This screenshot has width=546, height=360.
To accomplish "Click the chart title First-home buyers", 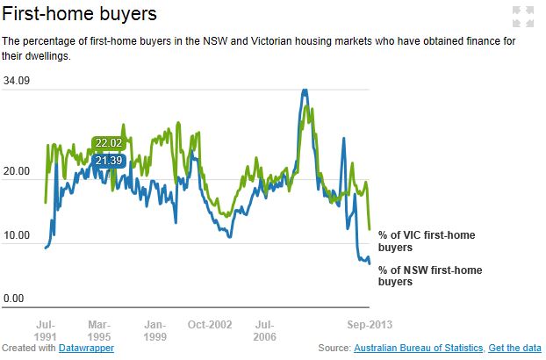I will pos(81,15).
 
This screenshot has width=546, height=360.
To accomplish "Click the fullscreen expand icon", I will pos(522,15).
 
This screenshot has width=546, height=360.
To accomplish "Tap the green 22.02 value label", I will pos(109,143).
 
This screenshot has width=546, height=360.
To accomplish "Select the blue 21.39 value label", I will pos(109,161).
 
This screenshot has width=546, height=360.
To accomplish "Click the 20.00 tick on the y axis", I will pos(17,171).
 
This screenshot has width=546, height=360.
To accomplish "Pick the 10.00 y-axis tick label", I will pos(17,235).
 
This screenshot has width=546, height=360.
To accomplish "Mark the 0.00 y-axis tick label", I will pos(13,299).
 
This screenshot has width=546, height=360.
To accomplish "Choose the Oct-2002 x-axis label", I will pos(210,324).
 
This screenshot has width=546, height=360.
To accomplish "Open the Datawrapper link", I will pos(86,349).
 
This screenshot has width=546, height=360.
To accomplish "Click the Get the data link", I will pos(515,349).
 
